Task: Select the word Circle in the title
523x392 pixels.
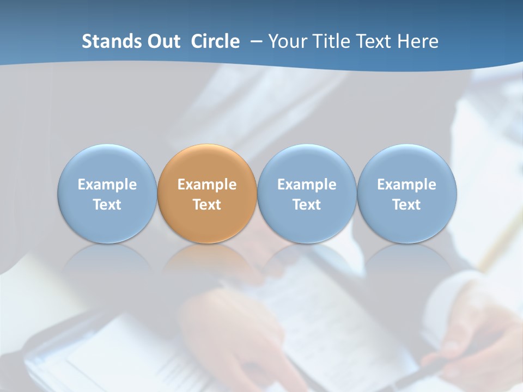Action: pos(215,41)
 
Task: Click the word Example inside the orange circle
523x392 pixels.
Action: pos(207,185)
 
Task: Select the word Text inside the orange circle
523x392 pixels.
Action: pos(207,205)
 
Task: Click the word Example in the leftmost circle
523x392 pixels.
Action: pos(107,185)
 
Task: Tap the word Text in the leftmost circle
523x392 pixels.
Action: pos(107,205)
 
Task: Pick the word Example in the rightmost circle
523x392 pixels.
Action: pos(406,185)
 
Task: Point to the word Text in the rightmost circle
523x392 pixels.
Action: pos(406,205)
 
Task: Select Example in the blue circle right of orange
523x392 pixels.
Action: pos(307,185)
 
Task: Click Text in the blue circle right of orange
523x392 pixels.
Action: pos(307,205)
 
